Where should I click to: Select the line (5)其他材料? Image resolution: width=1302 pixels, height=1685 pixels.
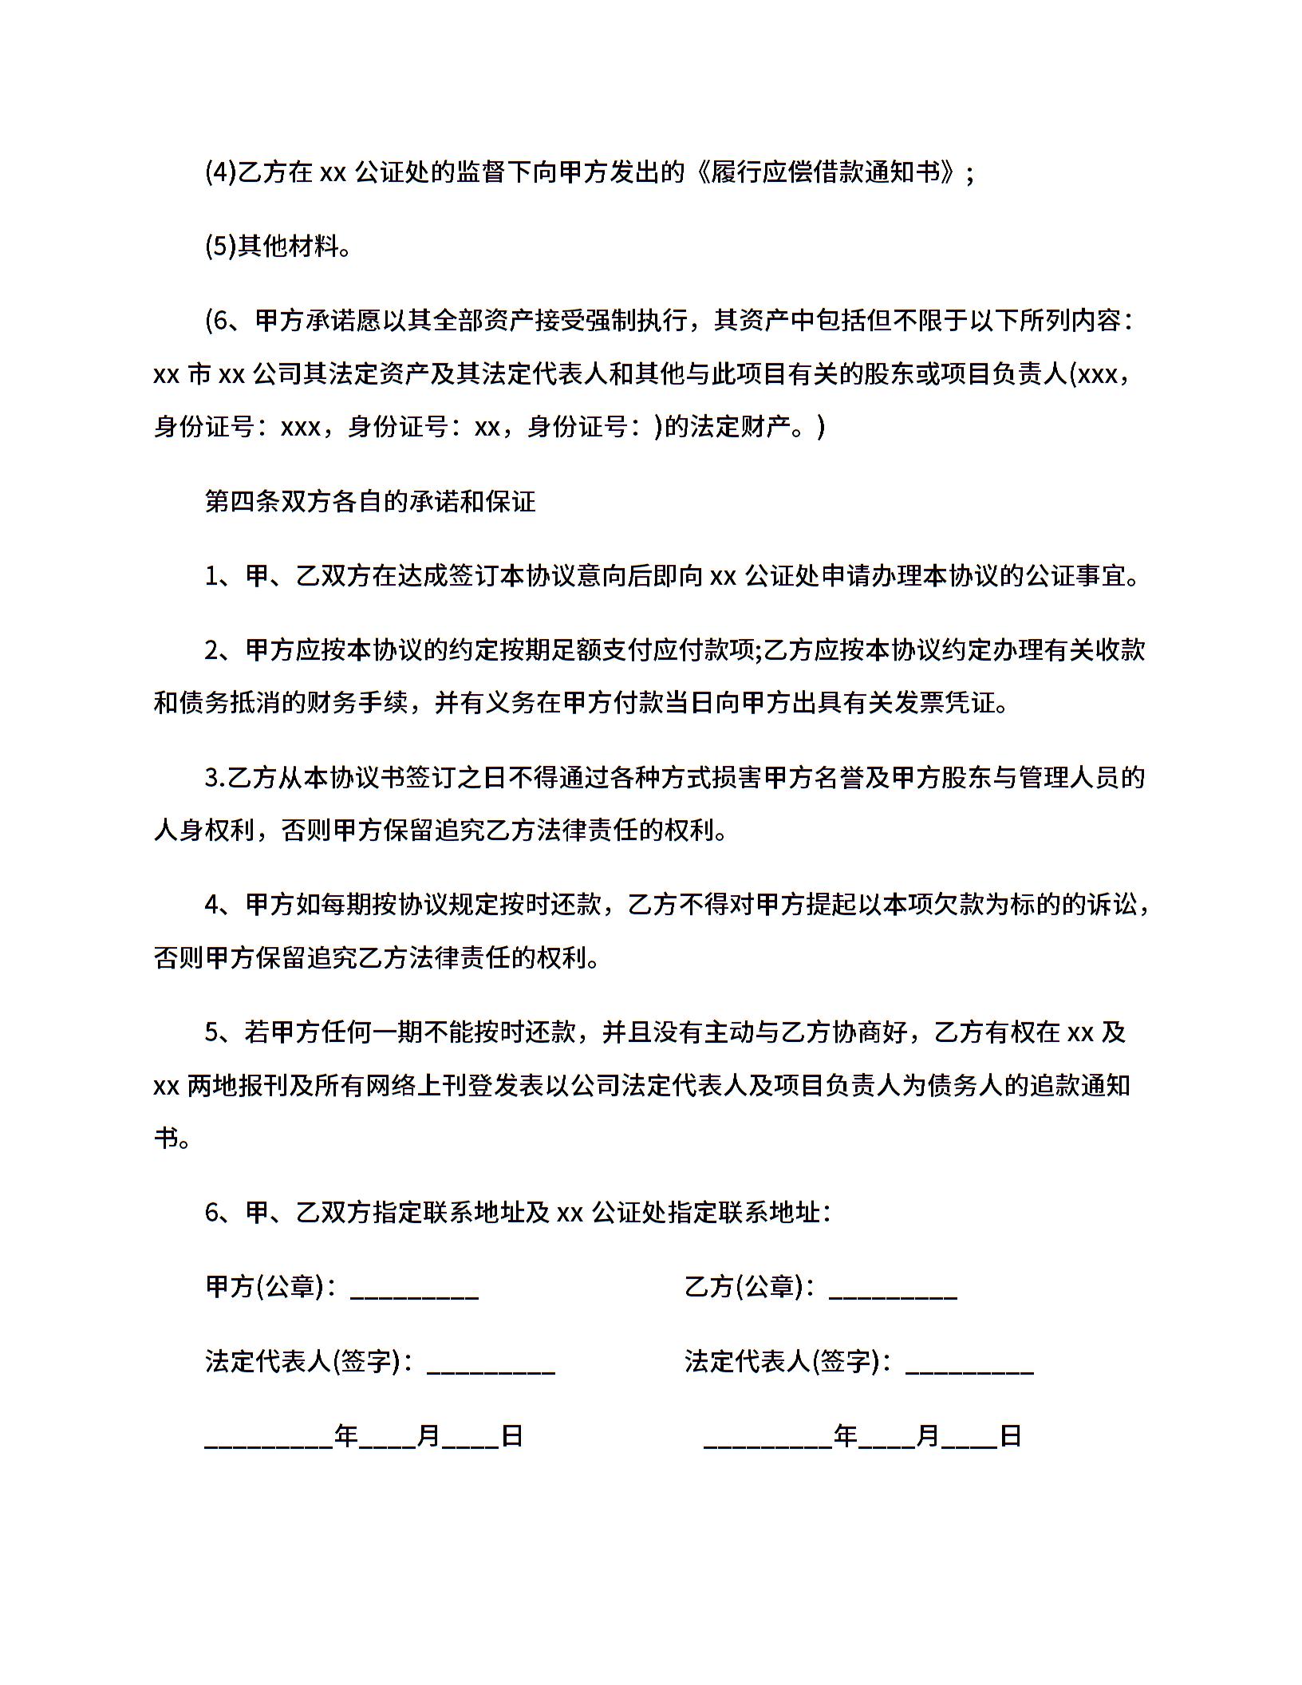click(278, 247)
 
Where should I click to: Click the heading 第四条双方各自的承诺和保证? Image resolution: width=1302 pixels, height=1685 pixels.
click(370, 501)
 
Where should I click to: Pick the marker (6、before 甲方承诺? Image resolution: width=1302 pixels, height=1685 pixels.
click(223, 321)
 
